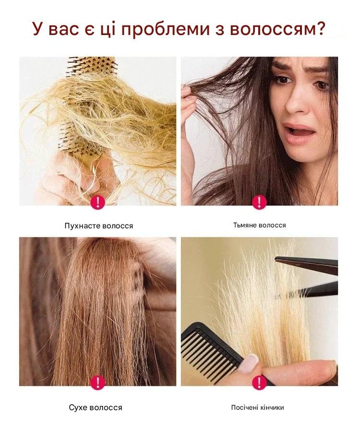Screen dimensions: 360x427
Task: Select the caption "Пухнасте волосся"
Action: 99,226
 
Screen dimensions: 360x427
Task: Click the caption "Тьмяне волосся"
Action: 259,225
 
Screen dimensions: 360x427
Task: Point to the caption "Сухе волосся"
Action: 96,407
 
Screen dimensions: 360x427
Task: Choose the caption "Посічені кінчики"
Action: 258,407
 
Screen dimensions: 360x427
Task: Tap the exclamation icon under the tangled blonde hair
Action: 97,202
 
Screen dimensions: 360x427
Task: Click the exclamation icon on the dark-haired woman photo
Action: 259,202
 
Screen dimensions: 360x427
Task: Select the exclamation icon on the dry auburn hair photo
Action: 97,382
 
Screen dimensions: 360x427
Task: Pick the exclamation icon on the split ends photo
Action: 259,382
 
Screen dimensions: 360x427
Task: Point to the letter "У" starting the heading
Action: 38,29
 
